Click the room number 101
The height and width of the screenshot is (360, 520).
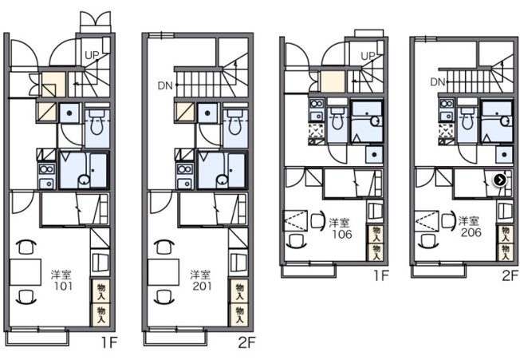click(x=63, y=286)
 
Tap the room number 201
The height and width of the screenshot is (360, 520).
click(x=202, y=286)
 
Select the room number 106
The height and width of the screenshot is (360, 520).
click(x=342, y=234)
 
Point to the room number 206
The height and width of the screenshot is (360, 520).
click(x=471, y=232)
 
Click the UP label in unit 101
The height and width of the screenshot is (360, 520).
click(x=92, y=55)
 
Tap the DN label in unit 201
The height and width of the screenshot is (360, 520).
click(x=165, y=85)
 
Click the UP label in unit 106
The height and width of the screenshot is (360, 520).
click(x=368, y=56)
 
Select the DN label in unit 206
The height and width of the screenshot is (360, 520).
click(x=437, y=81)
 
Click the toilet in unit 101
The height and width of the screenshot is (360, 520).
click(x=97, y=123)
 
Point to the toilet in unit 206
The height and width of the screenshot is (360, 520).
click(x=467, y=118)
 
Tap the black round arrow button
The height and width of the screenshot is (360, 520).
click(x=500, y=180)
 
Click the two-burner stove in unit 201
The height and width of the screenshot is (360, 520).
click(x=184, y=169)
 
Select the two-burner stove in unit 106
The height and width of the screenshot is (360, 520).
click(x=317, y=104)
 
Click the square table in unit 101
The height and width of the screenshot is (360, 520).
click(x=26, y=272)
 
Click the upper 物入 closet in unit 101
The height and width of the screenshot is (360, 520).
click(x=100, y=291)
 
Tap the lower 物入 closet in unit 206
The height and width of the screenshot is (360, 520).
click(x=506, y=252)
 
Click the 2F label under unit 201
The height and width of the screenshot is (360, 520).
click(x=246, y=342)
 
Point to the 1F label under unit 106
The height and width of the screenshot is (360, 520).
click(x=381, y=275)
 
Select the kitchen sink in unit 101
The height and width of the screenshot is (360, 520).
click(x=46, y=183)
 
